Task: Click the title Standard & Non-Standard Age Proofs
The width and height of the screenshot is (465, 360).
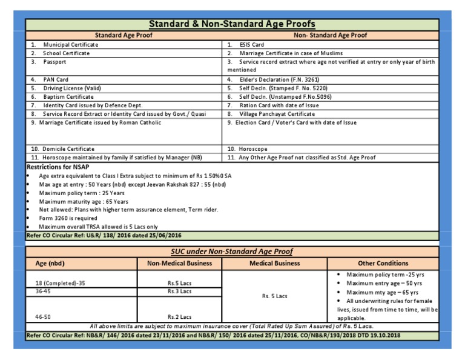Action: click(232, 24)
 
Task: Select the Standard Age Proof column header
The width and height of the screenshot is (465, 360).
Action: click(124, 35)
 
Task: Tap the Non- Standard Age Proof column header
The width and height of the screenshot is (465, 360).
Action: click(331, 35)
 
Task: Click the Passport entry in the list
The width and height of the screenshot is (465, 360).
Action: click(54, 62)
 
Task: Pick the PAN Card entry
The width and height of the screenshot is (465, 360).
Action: click(56, 79)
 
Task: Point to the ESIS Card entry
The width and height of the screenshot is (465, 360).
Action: click(251, 44)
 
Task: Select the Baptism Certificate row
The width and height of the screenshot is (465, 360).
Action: click(68, 96)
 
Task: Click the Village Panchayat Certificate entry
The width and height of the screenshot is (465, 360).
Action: click(277, 113)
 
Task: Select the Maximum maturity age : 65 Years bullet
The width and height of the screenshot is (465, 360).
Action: click(83, 201)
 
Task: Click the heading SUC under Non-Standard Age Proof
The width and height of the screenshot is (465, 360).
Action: click(232, 251)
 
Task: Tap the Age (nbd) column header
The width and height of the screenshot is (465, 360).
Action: click(50, 264)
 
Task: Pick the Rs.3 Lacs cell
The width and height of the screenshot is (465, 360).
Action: click(179, 291)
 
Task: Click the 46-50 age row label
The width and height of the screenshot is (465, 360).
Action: click(44, 316)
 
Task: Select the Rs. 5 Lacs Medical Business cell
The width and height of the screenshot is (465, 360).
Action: click(274, 296)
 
